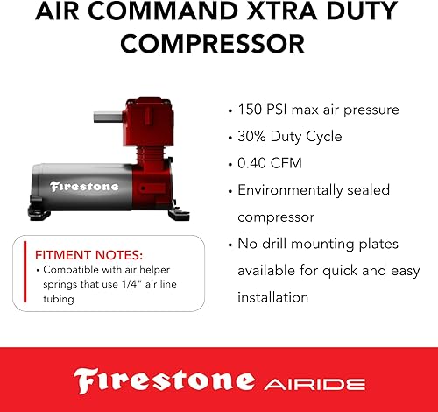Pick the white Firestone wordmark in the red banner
[162, 380]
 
